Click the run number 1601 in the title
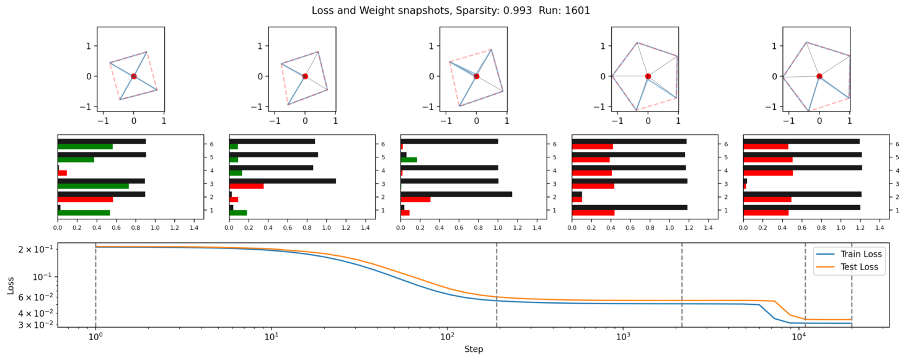coord(578,11)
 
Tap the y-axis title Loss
coord(11,285)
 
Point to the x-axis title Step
coord(474,349)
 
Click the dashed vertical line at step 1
coord(95,285)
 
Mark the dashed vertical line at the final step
coord(852,285)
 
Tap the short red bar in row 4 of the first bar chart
coord(62,173)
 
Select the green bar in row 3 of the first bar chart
coord(93,186)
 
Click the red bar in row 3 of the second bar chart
coord(246,186)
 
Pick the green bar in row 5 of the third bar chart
coord(408,160)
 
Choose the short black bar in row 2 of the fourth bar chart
coord(577,194)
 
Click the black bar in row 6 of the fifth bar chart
coord(801,141)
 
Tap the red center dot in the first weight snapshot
coord(133,76)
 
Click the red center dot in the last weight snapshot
coord(819,76)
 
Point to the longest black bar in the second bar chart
coord(282,181)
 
